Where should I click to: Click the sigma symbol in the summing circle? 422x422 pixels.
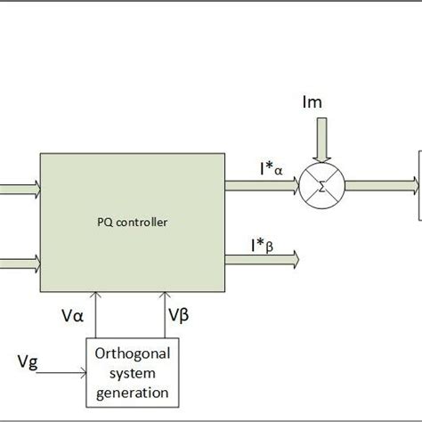(323, 185)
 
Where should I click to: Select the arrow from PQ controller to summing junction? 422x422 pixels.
(263, 185)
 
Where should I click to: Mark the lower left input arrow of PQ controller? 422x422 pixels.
(20, 262)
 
